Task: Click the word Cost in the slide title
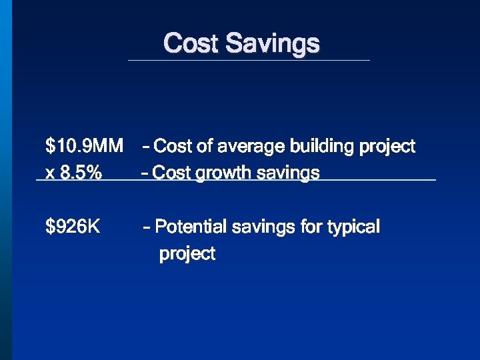[191, 43]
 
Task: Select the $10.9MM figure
[84, 146]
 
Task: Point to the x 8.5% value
[73, 173]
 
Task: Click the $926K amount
[73, 227]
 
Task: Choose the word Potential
[191, 227]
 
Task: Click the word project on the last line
[187, 255]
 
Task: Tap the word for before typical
[311, 227]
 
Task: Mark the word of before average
[204, 146]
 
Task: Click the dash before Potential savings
[147, 228]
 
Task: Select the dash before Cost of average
[146, 147]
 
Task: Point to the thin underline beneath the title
[249, 61]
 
